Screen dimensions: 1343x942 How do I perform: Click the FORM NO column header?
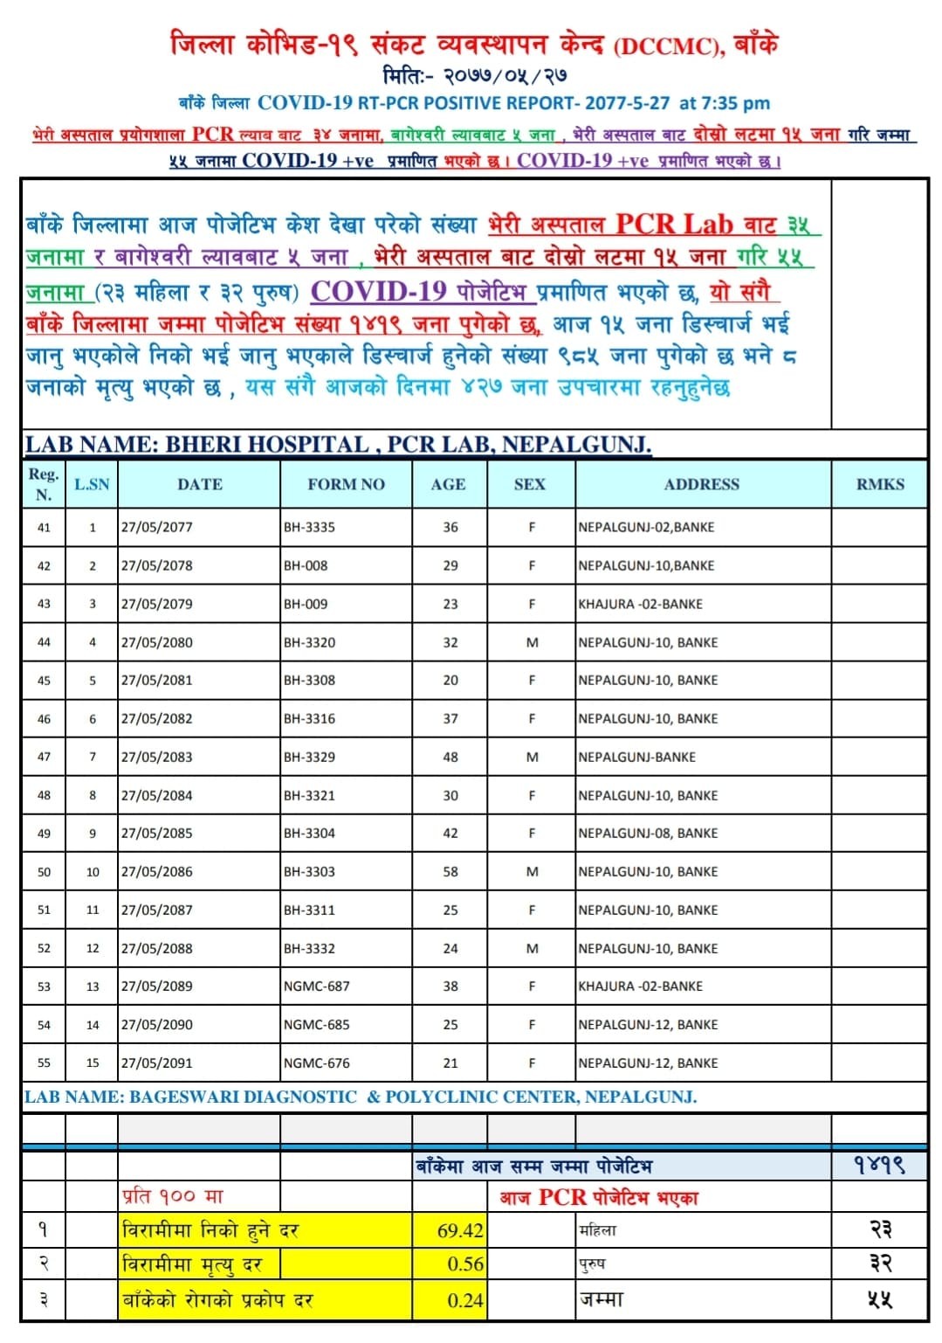[x=346, y=484]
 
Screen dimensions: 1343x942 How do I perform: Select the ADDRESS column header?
[x=701, y=484]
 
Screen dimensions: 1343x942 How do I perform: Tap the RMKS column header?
[x=879, y=484]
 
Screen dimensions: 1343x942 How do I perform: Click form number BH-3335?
[x=309, y=527]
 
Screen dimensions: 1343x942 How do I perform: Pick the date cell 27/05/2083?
[x=157, y=757]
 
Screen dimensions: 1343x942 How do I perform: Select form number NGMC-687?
[x=316, y=986]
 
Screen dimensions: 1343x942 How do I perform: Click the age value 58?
[x=450, y=871]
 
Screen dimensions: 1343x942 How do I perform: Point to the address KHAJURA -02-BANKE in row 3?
[x=640, y=604]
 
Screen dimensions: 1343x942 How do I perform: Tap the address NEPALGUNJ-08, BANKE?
[x=648, y=834]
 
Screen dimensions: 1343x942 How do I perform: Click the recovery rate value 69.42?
[x=460, y=1230]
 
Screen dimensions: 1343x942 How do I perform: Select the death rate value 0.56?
[x=465, y=1264]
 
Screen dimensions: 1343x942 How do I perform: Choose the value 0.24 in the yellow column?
[x=465, y=1300]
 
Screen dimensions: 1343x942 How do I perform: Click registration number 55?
[x=44, y=1063]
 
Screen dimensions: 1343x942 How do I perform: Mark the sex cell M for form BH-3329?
[x=532, y=757]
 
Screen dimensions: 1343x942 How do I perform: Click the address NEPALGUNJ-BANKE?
[x=636, y=757]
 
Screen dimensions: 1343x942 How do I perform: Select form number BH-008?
[x=306, y=565]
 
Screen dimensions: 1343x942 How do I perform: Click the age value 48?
[x=450, y=757]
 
